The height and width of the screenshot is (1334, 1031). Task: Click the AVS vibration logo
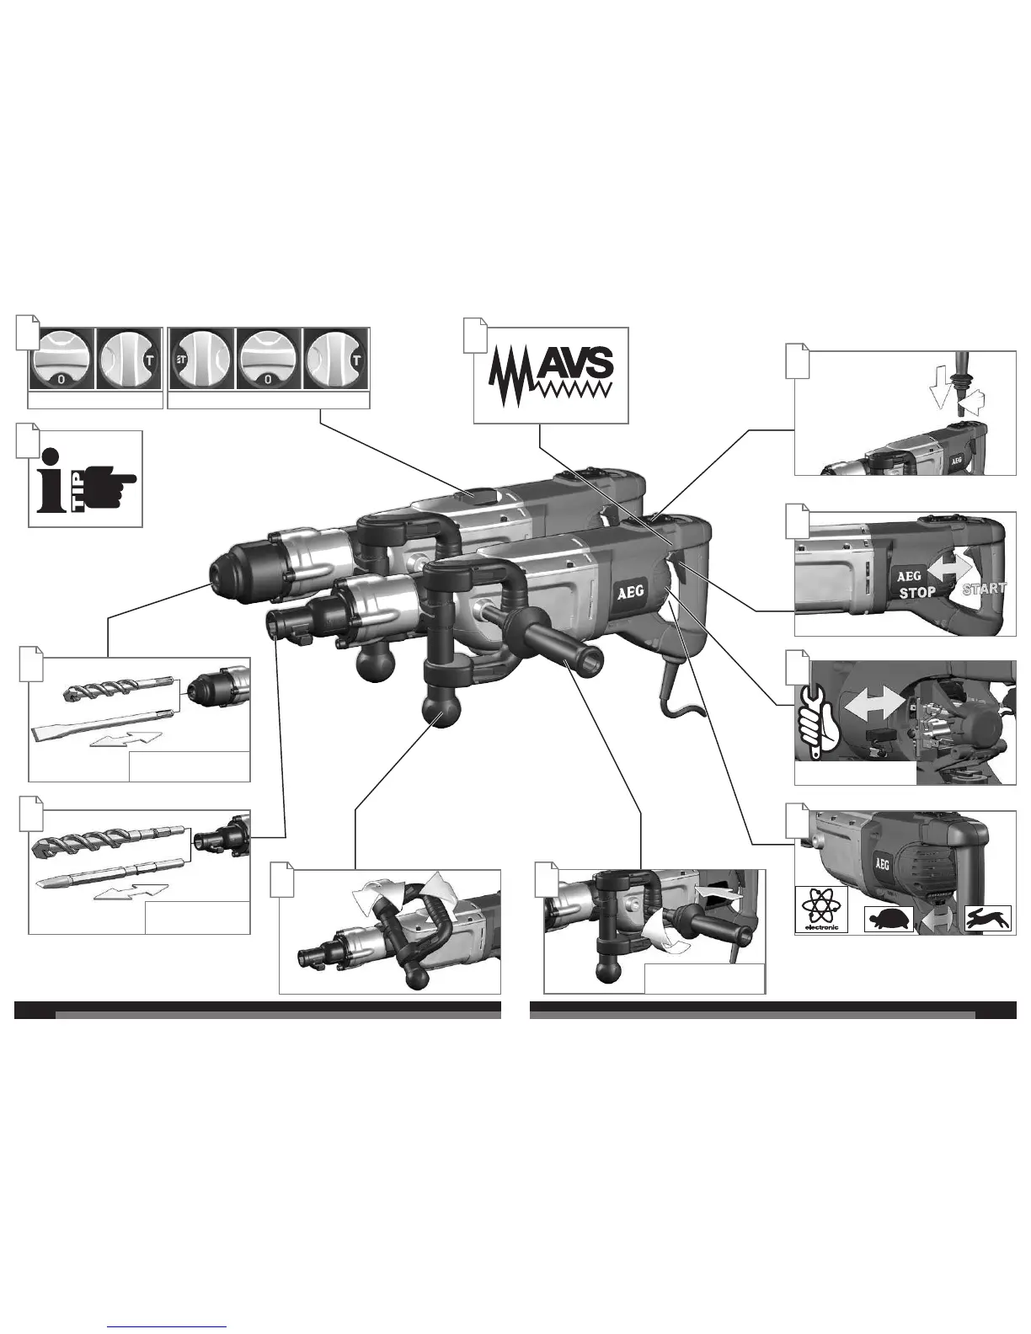coord(549,375)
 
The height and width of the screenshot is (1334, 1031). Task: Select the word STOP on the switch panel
coord(917,592)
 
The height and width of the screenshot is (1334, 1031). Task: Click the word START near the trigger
coord(985,589)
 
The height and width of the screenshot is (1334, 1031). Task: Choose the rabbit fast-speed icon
coord(988,919)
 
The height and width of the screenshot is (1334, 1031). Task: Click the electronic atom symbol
coord(821,910)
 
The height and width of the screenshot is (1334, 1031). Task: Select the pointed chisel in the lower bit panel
coord(110,872)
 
